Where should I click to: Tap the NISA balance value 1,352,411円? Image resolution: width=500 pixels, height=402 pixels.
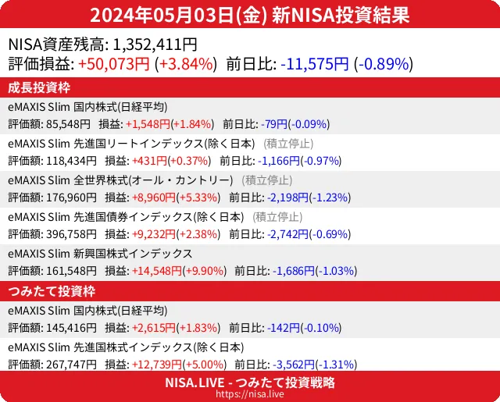(x=155, y=44)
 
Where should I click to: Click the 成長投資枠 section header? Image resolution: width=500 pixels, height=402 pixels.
(x=41, y=87)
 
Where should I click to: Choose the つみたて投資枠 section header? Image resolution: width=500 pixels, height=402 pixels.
(x=51, y=291)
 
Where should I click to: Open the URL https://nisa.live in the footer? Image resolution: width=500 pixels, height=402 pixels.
(x=250, y=395)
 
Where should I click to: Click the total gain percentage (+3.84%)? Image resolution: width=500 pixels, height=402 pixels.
(x=187, y=64)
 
